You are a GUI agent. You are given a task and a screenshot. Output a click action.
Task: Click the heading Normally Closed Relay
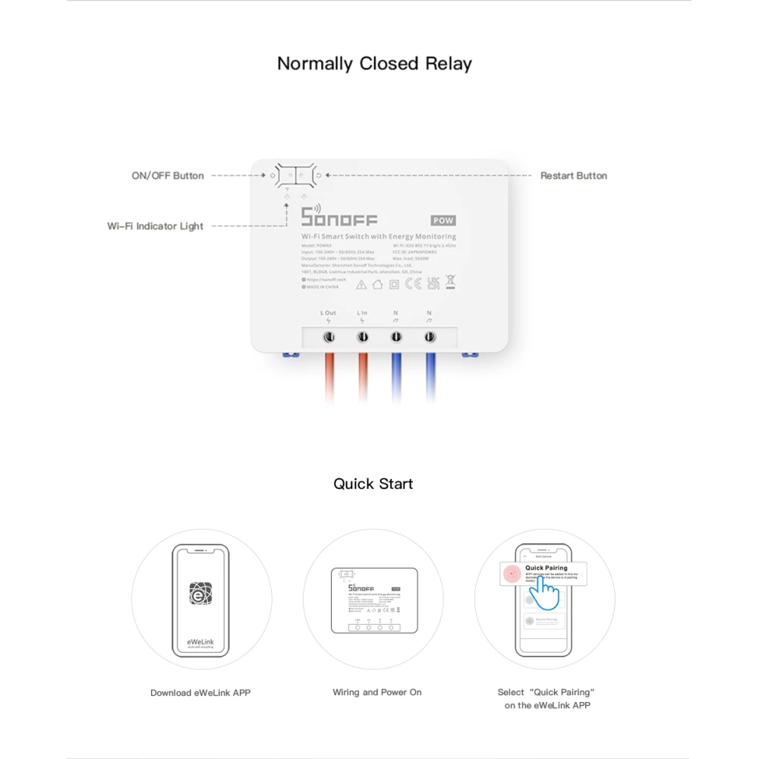(x=374, y=64)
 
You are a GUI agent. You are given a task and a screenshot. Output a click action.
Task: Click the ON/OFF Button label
(x=168, y=175)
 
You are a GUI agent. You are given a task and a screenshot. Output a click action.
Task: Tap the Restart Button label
(x=573, y=175)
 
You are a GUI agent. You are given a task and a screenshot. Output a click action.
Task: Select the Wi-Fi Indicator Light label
(x=155, y=226)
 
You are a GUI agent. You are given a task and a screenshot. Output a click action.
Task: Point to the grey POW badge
(x=443, y=221)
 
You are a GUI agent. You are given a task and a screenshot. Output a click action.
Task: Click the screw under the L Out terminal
(x=329, y=335)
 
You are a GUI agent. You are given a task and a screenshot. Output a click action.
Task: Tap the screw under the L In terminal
(x=363, y=335)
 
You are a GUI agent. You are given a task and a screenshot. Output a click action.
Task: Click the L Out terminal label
(x=328, y=313)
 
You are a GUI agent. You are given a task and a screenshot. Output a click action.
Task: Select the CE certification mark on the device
(x=413, y=284)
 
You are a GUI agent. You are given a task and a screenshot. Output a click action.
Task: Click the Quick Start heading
(x=373, y=484)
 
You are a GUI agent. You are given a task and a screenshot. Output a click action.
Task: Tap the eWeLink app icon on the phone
(x=200, y=593)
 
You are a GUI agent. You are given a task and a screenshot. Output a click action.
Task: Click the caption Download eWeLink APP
(x=200, y=692)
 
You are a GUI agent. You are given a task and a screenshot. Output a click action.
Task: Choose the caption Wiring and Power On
(x=376, y=692)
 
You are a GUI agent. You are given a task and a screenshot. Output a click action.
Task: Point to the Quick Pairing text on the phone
(x=546, y=568)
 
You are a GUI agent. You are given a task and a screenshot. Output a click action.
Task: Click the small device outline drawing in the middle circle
(x=375, y=600)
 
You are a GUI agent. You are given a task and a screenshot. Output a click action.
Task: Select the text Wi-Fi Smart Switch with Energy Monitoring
(x=379, y=237)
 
